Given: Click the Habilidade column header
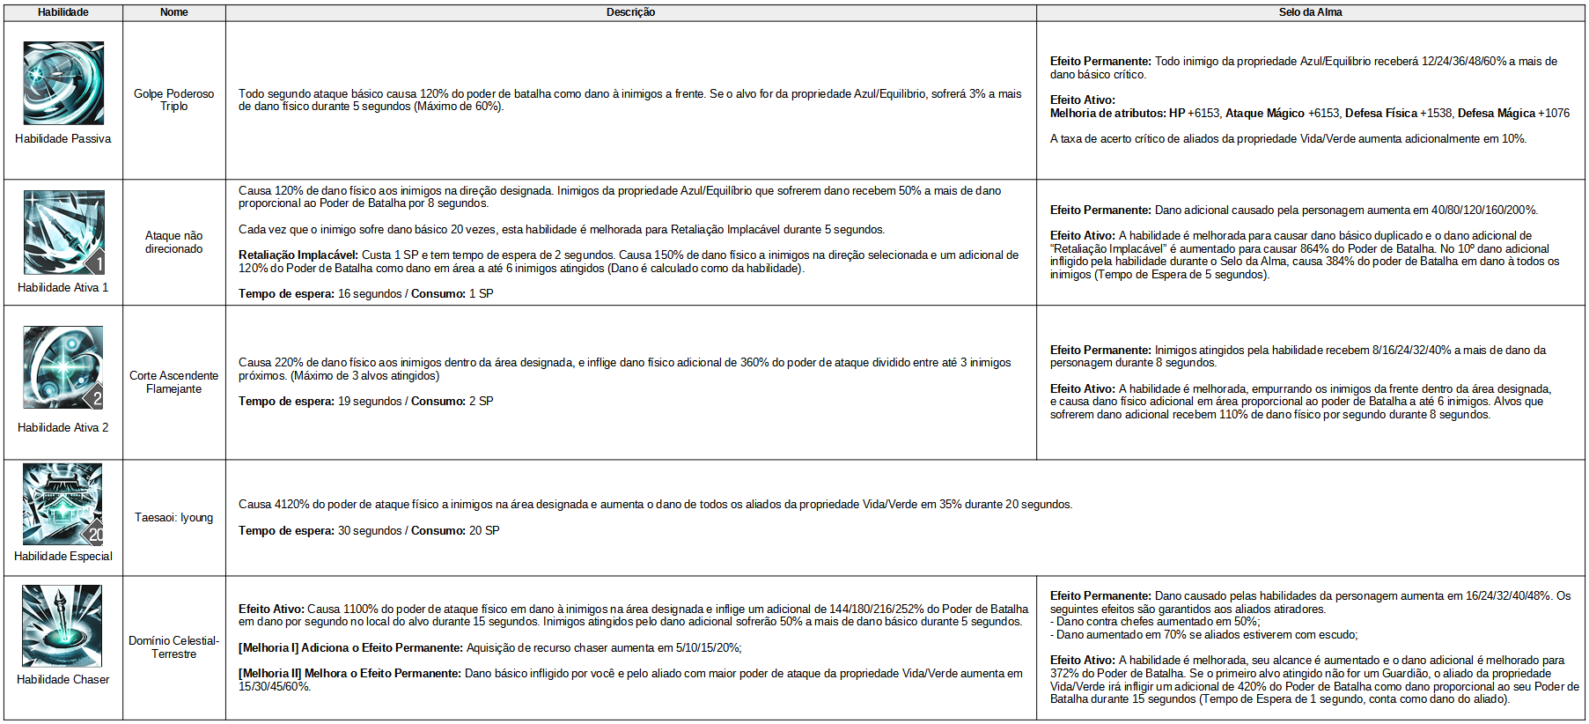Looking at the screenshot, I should (x=63, y=12).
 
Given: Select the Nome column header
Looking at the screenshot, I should (x=174, y=12).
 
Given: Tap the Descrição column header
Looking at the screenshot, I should (x=630, y=12).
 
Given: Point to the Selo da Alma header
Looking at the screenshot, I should (x=1310, y=12).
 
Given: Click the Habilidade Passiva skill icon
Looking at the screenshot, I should (x=63, y=83).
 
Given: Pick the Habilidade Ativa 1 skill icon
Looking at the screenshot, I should (x=63, y=233).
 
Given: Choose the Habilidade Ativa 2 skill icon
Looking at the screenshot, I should (x=63, y=367).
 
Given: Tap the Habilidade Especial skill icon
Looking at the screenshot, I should (x=63, y=504).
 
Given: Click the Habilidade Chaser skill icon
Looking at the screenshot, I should (x=63, y=626).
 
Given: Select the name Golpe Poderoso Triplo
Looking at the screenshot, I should (x=174, y=100).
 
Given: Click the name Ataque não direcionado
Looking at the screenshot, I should (x=174, y=242).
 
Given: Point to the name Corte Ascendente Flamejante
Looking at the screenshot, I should (x=174, y=382).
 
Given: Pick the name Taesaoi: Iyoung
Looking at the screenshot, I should (x=174, y=518).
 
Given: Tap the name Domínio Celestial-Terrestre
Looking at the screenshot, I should (x=174, y=647).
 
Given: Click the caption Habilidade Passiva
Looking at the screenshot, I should (x=63, y=139).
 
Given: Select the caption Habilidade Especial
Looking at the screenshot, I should (x=63, y=557).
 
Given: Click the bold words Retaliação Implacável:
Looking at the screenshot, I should (x=298, y=255).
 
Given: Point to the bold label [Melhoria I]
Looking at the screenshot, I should (x=269, y=648).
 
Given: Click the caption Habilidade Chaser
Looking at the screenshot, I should (x=63, y=680).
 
